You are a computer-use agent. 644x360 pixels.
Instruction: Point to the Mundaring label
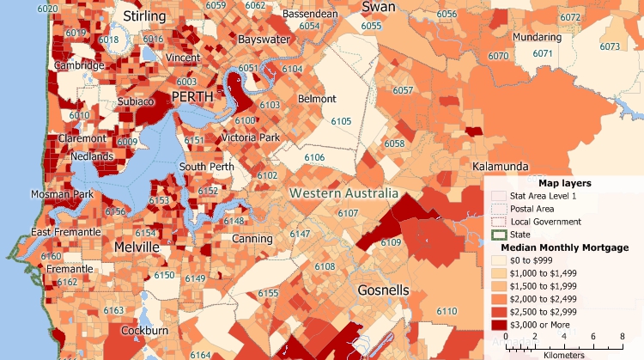point(537,38)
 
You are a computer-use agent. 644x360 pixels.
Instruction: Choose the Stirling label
point(144,17)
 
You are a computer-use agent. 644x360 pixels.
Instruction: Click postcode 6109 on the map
point(391,243)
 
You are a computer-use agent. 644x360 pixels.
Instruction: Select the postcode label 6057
point(403,90)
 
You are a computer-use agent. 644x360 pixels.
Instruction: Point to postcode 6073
point(610,46)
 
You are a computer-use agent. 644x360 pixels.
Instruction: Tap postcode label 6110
point(446,310)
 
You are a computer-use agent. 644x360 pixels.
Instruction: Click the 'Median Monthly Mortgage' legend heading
point(558,247)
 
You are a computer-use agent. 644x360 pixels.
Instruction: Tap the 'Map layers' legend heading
point(562,183)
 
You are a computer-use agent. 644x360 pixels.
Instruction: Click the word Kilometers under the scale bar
point(563,354)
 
